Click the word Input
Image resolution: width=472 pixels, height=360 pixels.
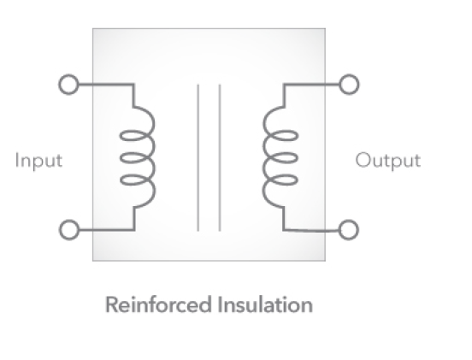click(x=38, y=161)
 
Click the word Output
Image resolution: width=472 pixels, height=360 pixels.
click(x=388, y=161)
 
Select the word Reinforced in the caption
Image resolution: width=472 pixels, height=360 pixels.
click(x=158, y=304)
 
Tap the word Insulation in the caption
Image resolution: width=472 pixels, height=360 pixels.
click(x=265, y=304)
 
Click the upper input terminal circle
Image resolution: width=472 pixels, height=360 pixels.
click(x=68, y=85)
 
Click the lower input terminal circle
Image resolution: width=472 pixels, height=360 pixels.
click(x=69, y=230)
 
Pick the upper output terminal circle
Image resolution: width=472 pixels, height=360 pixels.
click(x=349, y=85)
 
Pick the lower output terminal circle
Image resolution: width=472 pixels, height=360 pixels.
click(x=349, y=230)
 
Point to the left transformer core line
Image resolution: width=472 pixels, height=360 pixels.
click(x=198, y=157)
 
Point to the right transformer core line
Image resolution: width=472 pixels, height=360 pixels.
click(x=220, y=157)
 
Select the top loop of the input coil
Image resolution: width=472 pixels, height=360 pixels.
click(x=121, y=136)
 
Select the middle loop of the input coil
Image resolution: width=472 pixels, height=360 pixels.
click(x=121, y=158)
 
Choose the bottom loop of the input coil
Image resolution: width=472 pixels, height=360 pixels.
click(x=121, y=180)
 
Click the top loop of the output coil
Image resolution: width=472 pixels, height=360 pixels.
click(x=298, y=136)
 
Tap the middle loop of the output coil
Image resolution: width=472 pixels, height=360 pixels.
click(x=298, y=158)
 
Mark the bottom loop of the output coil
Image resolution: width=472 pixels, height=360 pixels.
click(x=298, y=180)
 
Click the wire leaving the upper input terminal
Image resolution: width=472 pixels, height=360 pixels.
click(x=105, y=85)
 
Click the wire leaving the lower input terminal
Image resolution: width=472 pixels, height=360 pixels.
click(x=105, y=230)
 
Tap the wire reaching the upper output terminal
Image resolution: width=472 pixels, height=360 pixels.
click(x=311, y=85)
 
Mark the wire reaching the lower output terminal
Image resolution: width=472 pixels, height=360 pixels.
click(x=311, y=231)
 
